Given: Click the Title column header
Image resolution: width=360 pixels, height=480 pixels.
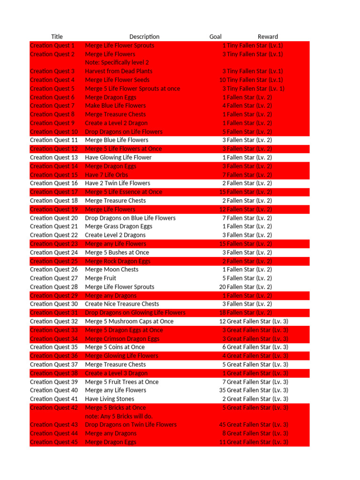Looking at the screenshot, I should [57, 37].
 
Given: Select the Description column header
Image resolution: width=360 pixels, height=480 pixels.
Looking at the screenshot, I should [144, 37].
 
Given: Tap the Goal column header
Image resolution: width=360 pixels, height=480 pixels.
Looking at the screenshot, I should [216, 37].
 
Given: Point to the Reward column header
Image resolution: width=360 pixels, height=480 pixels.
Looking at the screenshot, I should [268, 37].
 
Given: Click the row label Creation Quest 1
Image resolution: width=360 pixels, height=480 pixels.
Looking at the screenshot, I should [52, 45].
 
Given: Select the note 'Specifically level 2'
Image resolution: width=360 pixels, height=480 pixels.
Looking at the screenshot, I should [117, 62].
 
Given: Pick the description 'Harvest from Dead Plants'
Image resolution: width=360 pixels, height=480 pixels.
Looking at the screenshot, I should [119, 71].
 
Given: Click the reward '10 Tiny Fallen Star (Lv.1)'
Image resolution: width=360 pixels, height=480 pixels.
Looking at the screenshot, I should [251, 80].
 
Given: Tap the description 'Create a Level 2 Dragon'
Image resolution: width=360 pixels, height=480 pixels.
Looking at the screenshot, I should [116, 123].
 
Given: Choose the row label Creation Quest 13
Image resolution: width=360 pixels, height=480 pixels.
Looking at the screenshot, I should [54, 157].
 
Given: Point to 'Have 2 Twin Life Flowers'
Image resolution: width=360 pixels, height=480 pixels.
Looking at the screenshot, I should [118, 183].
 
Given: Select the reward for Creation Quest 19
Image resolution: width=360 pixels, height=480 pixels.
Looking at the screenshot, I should [245, 209].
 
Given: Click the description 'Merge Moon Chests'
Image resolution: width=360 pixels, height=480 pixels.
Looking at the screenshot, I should [112, 270].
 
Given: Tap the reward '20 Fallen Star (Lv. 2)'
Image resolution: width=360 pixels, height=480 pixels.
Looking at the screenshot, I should [245, 287].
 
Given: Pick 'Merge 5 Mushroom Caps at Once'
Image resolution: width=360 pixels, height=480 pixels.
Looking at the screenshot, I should [129, 321].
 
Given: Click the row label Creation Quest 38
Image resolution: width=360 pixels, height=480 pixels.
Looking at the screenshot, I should [54, 373].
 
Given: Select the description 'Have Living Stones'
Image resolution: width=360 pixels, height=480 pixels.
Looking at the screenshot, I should [109, 399].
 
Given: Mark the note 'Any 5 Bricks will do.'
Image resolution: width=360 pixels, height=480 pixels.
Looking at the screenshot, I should [119, 416].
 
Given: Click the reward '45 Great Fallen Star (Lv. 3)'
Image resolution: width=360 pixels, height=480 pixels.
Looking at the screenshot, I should [254, 425].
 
